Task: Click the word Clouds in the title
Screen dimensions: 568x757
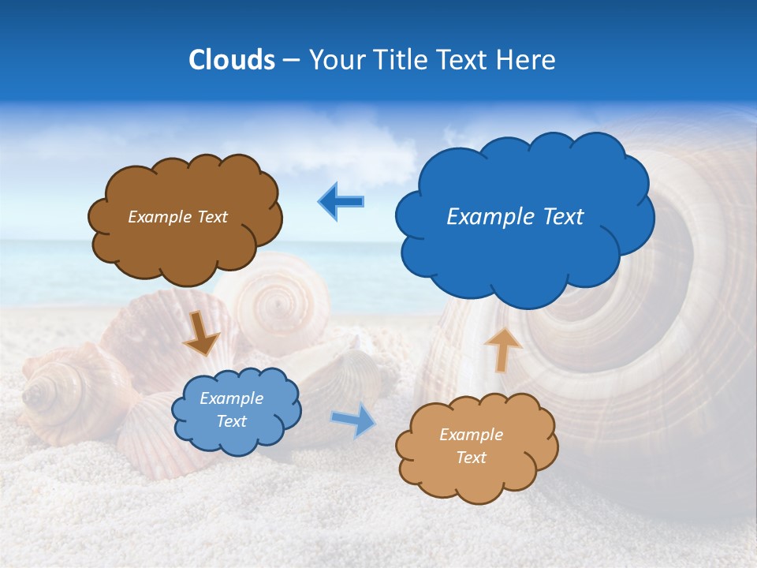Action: click(232, 60)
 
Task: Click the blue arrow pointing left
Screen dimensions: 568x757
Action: click(341, 202)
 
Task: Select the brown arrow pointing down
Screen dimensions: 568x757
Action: click(201, 333)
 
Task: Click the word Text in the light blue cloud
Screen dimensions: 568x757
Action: click(231, 421)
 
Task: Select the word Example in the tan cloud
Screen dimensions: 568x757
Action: click(471, 435)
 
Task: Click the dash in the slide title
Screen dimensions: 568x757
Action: click(291, 61)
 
